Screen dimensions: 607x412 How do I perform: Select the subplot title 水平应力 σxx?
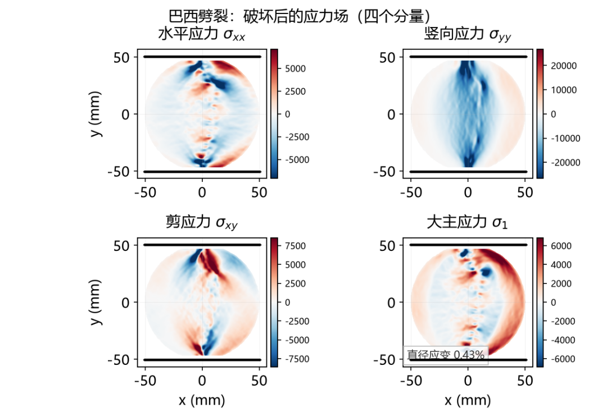(x=201, y=34)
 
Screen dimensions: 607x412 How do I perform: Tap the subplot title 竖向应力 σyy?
(x=467, y=34)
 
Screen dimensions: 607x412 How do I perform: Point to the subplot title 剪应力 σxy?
(x=201, y=222)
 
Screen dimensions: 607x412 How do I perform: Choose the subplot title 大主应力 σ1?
(x=467, y=222)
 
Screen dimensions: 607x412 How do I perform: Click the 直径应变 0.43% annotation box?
(x=446, y=355)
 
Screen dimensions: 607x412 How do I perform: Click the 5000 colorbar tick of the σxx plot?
(x=295, y=69)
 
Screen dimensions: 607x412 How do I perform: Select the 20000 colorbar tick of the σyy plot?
(x=563, y=66)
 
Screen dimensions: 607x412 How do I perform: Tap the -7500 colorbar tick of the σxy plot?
(x=297, y=359)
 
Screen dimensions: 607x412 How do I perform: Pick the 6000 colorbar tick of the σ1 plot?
(x=561, y=246)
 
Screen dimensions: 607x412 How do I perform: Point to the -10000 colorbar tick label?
(x=565, y=139)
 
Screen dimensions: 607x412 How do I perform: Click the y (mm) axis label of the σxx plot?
(x=95, y=113)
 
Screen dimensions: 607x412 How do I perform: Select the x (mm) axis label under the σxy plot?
(x=202, y=400)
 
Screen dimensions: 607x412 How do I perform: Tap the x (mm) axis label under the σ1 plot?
(x=468, y=400)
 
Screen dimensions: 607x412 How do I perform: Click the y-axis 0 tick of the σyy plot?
(x=392, y=115)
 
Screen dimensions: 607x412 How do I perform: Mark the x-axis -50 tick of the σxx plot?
(x=145, y=192)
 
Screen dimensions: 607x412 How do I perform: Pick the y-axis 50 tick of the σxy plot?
(x=121, y=246)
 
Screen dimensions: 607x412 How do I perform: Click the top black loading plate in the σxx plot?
(x=202, y=57)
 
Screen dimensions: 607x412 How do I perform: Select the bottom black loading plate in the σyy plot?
(x=468, y=172)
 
